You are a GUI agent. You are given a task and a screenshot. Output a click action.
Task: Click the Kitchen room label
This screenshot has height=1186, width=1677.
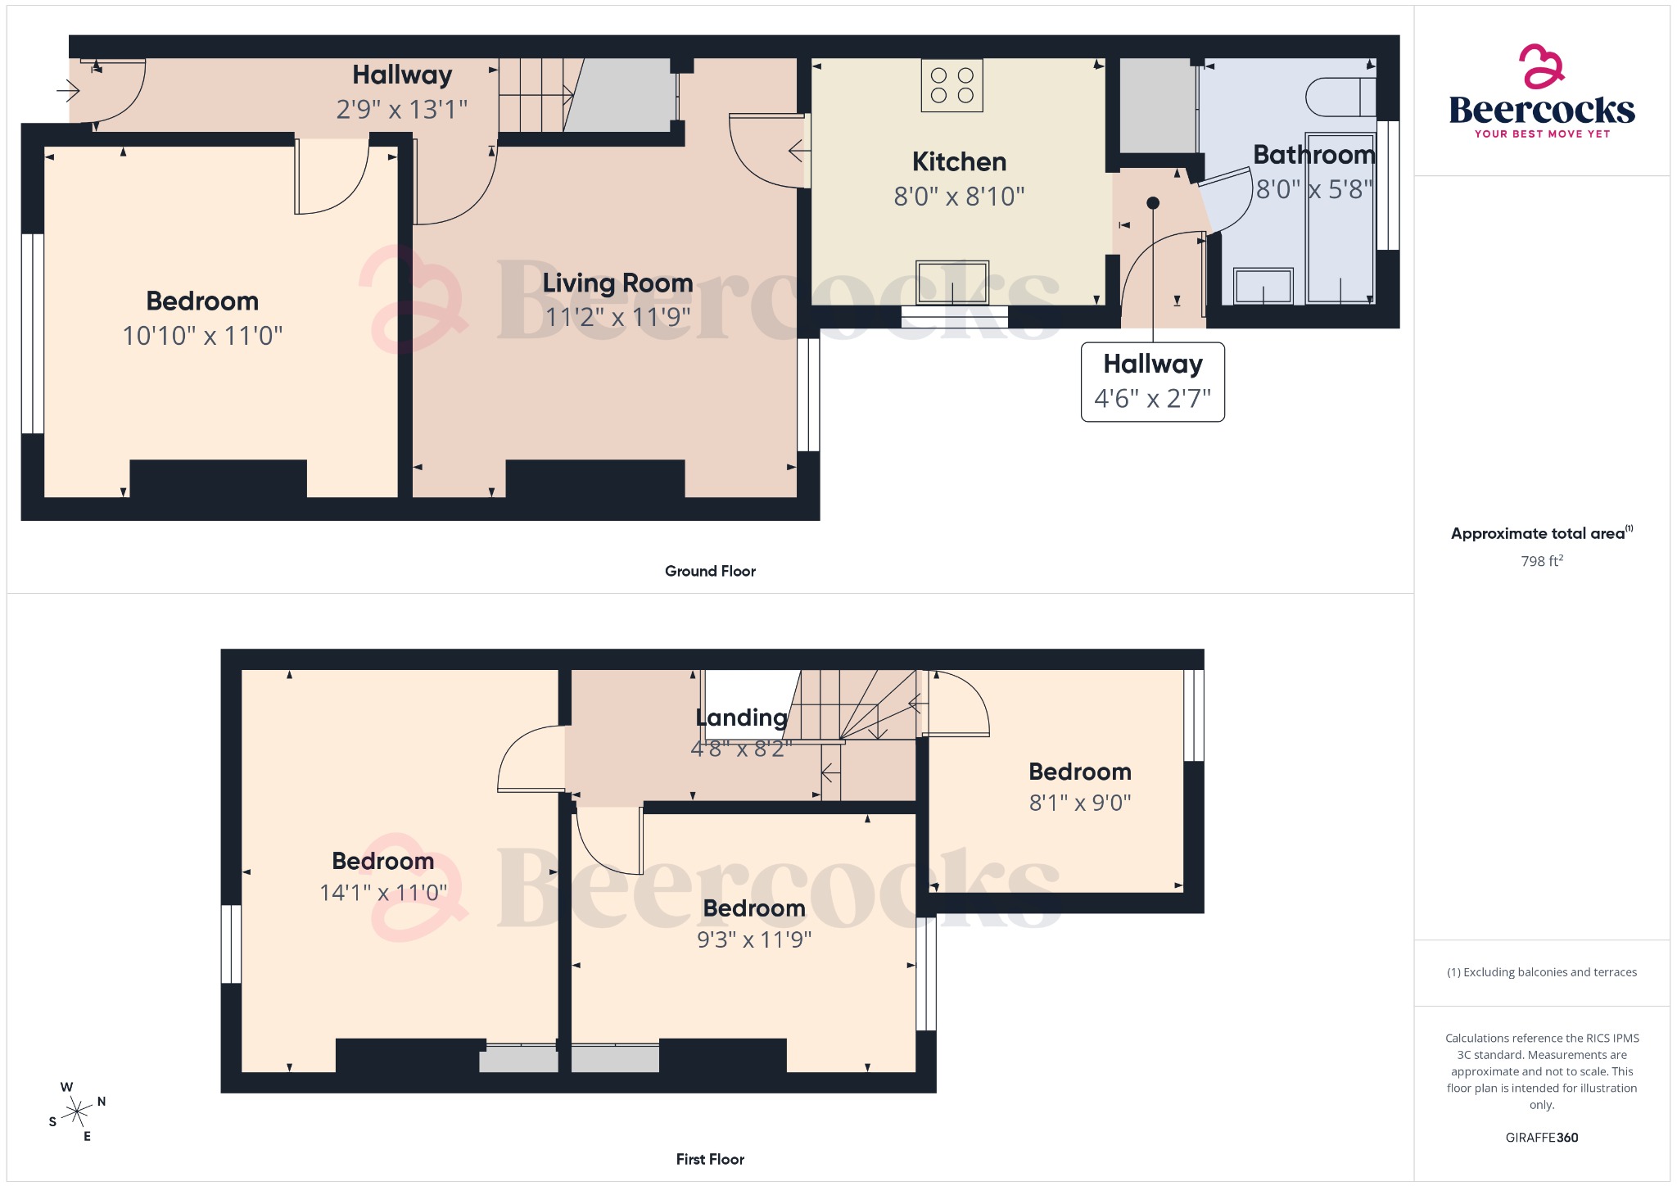pyautogui.click(x=959, y=162)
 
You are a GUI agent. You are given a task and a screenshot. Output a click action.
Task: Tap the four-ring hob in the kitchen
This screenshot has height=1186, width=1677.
pyautogui.click(x=952, y=85)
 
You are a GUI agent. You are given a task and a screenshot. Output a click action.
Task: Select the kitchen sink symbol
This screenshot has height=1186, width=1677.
pyautogui.click(x=952, y=283)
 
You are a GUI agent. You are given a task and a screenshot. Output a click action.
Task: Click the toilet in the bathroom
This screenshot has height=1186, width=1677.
pyautogui.click(x=1340, y=97)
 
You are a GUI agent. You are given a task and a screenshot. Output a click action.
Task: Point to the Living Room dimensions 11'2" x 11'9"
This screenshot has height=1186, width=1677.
pyautogui.click(x=618, y=317)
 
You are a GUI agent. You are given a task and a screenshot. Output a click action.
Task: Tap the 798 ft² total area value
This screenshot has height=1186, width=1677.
pyautogui.click(x=1541, y=561)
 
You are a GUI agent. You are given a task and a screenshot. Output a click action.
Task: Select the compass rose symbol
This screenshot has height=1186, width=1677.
pyautogui.click(x=77, y=1111)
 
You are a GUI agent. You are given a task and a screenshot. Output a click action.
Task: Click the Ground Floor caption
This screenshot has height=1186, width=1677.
pyautogui.click(x=710, y=571)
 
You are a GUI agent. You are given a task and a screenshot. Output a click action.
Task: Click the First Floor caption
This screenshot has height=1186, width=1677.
pyautogui.click(x=710, y=1159)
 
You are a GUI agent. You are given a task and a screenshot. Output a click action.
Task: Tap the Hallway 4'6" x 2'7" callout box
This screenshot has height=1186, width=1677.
pyautogui.click(x=1152, y=382)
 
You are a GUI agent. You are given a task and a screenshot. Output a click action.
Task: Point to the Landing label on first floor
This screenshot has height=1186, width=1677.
pyautogui.click(x=741, y=717)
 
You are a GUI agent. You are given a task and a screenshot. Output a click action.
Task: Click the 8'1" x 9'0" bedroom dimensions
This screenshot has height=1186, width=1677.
pyautogui.click(x=1080, y=803)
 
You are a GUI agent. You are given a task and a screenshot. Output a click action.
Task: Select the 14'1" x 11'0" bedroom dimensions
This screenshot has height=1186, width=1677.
pyautogui.click(x=383, y=892)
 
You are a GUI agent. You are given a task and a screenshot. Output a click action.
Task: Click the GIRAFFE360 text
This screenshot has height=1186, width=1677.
pyautogui.click(x=1541, y=1137)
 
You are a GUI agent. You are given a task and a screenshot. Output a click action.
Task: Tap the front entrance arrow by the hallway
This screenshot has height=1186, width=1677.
pyautogui.click(x=67, y=90)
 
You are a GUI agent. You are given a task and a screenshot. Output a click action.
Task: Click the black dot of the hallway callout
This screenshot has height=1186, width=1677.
pyautogui.click(x=1153, y=203)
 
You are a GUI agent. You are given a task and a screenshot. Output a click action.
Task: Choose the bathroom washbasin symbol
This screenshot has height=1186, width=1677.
pyautogui.click(x=1263, y=286)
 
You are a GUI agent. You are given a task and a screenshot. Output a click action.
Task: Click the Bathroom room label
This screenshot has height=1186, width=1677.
pyautogui.click(x=1313, y=155)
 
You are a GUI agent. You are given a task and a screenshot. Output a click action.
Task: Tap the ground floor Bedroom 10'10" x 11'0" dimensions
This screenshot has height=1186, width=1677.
pyautogui.click(x=202, y=336)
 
